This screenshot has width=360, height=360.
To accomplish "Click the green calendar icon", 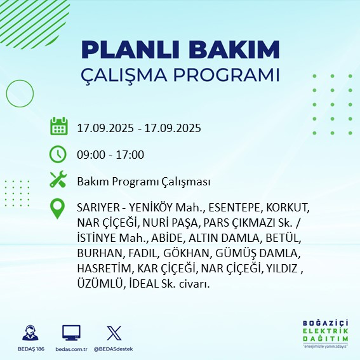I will coord(58,126).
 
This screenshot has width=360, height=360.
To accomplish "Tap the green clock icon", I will coord(58,154).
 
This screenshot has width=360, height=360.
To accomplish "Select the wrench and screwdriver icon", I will coord(58,181).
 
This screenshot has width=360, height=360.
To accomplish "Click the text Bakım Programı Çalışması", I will coord(143,182).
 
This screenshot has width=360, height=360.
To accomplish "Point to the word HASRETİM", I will coord(103,269).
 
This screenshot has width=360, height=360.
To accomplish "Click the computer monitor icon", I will coord(71,333).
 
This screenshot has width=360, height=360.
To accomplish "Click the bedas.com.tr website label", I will coord(71,349).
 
